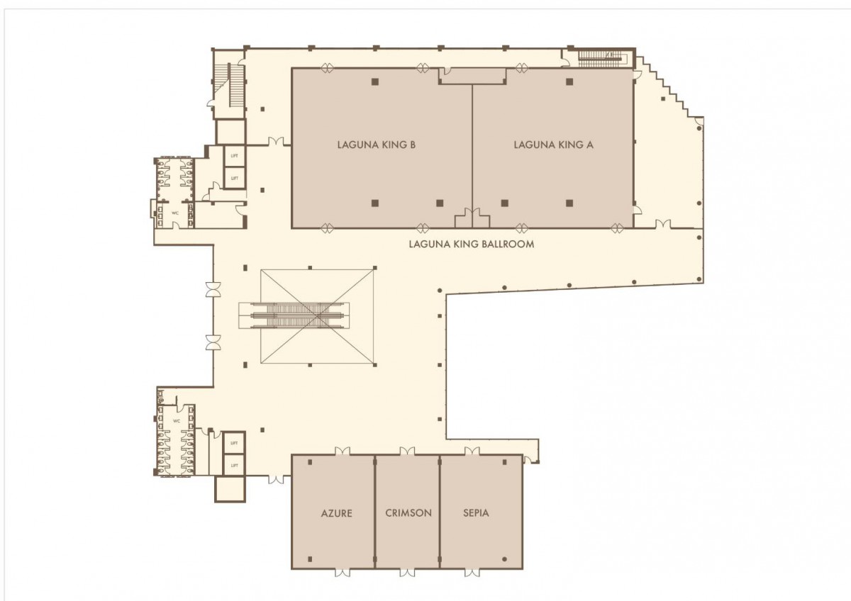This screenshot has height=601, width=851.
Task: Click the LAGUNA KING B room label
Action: (376, 145)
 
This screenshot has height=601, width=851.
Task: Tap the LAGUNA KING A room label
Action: (553, 145)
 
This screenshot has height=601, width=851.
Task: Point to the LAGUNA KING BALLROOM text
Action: (472, 244)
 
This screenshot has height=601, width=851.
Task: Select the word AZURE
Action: (337, 513)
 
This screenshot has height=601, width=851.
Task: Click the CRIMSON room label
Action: (408, 513)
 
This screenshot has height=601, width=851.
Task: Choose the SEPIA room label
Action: (476, 513)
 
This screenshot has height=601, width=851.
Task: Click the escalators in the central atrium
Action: (294, 315)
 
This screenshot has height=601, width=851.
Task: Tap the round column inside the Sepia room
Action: (504, 559)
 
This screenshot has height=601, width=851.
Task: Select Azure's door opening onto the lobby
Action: (343, 451)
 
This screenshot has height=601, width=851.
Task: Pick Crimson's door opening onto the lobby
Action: (407, 451)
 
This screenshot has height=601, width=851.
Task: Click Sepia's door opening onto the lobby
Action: (472, 451)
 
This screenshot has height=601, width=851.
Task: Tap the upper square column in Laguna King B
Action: (375, 82)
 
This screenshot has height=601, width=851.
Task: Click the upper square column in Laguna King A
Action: (569, 82)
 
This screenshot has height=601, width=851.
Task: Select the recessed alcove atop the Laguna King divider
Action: (472, 77)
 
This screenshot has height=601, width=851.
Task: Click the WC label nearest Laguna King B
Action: (175, 213)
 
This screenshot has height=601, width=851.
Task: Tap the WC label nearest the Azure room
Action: (177, 421)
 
